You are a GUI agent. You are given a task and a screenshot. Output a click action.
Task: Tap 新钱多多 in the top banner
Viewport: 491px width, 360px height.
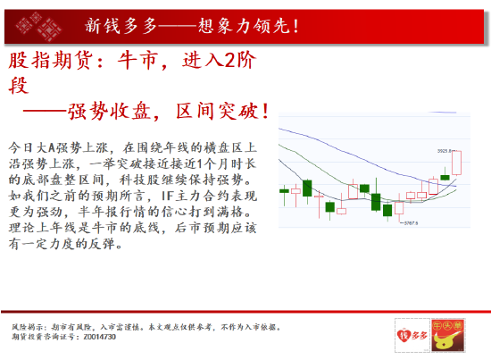click(117, 26)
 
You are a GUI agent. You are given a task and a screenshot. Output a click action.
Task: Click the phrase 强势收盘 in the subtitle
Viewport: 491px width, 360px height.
click(113, 113)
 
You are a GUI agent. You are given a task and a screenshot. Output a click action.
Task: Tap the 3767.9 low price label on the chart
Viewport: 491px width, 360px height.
click(412, 223)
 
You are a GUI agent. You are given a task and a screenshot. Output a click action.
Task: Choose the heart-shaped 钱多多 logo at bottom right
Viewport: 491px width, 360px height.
click(409, 335)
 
